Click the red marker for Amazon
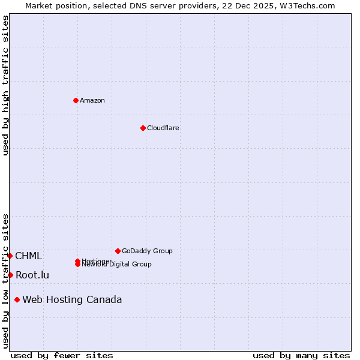(x=76, y=100)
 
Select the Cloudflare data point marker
(x=143, y=128)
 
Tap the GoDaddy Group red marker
(x=118, y=251)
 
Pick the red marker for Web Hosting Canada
(x=17, y=299)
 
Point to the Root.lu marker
(x=10, y=275)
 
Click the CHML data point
(x=10, y=256)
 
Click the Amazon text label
(x=92, y=100)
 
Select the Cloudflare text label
(x=163, y=128)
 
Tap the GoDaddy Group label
(x=147, y=251)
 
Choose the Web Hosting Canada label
(x=72, y=299)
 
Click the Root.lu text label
(x=32, y=275)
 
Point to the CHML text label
(x=28, y=256)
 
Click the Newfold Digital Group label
(x=117, y=265)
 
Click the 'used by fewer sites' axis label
(x=62, y=355)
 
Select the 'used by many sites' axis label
(x=301, y=355)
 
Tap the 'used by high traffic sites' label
(x=5, y=85)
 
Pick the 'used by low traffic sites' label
(x=5, y=281)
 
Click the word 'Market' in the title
(x=38, y=5)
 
